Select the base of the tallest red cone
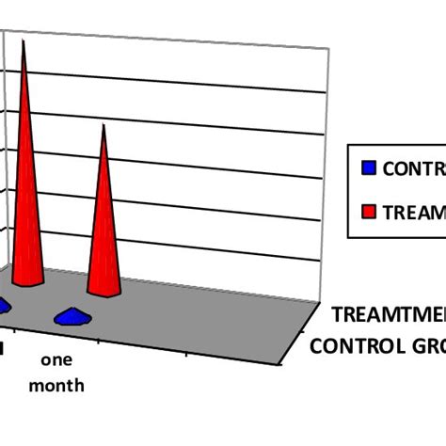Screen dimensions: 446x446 point(29,279)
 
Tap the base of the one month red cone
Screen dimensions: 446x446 point(104,287)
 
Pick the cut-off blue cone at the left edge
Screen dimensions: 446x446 point(4,305)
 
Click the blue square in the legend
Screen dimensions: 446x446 point(369,168)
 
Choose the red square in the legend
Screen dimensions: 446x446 point(369,212)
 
